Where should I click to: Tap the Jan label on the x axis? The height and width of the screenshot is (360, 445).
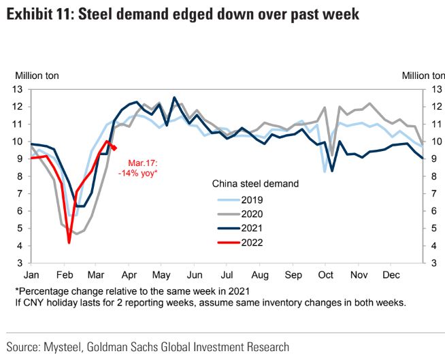pyautogui.click(x=31, y=275)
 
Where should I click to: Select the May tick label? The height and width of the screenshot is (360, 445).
pyautogui.click(x=161, y=275)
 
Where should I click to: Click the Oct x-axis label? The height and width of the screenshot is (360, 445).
pyautogui.click(x=326, y=275)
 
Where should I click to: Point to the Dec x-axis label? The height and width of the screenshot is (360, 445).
pyautogui.click(x=391, y=275)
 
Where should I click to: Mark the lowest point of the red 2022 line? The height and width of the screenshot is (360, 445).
pyautogui.click(x=69, y=242)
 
